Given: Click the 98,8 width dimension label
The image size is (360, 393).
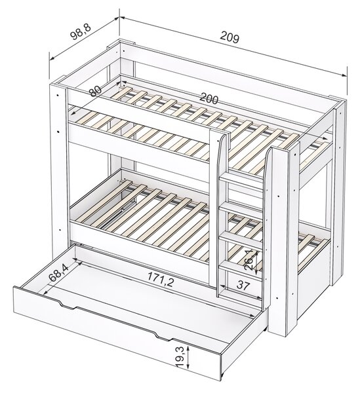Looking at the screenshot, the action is coord(80,32).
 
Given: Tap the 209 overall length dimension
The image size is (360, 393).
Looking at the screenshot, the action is coord(230,37).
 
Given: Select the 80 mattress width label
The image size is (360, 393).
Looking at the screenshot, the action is coord(95,91).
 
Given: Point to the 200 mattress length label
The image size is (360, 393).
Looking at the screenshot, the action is coord(209,99).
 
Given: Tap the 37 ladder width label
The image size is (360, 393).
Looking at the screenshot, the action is coord(243,286).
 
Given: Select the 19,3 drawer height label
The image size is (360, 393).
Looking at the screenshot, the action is coord(180,357).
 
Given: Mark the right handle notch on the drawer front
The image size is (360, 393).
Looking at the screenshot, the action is coord(163,337).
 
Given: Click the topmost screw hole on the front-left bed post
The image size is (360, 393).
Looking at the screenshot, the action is coord(58,96).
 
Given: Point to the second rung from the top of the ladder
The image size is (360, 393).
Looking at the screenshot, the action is coord(241,209).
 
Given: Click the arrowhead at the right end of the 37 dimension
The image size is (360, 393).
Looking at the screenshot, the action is coord(259,297).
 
